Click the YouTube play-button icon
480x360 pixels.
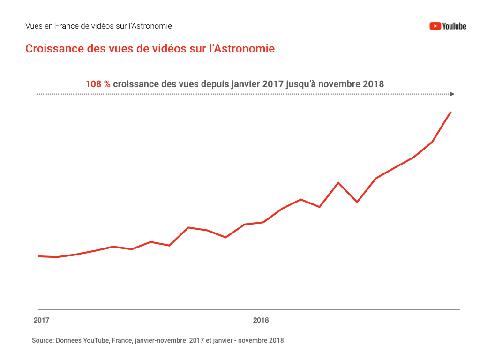(x=435, y=26)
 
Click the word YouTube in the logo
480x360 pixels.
(x=454, y=26)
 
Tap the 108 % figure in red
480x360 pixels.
(x=97, y=84)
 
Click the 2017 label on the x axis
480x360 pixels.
(x=41, y=321)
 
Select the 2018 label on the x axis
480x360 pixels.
(x=261, y=321)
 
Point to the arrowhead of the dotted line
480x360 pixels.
(x=452, y=94)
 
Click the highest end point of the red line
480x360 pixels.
(x=450, y=112)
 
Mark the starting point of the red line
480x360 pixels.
(x=38, y=256)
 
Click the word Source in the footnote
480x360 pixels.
(x=42, y=340)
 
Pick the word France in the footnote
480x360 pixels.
(x=121, y=340)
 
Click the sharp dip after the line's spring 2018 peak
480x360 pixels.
(x=357, y=202)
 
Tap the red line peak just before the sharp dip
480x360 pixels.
(x=338, y=182)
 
